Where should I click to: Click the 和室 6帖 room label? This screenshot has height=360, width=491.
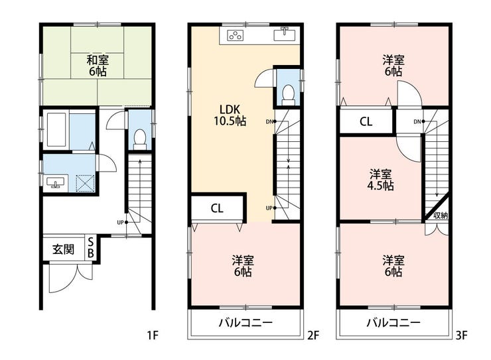pyautogui.click(x=98, y=65)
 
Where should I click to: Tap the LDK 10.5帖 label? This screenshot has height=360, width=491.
pyautogui.click(x=230, y=115)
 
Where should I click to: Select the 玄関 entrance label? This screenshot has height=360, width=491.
pyautogui.click(x=63, y=249)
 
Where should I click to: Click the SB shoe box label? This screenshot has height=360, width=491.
pyautogui.click(x=90, y=247)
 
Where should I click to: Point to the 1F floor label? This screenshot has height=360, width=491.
pyautogui.click(x=153, y=335)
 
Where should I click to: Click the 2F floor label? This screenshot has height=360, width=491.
pyautogui.click(x=313, y=335)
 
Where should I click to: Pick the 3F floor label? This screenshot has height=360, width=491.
pyautogui.click(x=461, y=335)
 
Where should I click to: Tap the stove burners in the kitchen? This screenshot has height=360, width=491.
pyautogui.click(x=235, y=35)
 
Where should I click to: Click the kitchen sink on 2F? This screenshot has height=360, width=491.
pyautogui.click(x=285, y=34)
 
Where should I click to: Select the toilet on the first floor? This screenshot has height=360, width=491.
pyautogui.click(x=139, y=139)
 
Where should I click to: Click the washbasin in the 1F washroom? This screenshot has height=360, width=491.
pyautogui.click(x=56, y=183)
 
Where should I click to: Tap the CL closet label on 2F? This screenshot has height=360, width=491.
pyautogui.click(x=217, y=208)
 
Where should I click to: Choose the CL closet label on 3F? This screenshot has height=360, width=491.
pyautogui.click(x=366, y=121)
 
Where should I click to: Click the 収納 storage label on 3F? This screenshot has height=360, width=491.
pyautogui.click(x=441, y=215)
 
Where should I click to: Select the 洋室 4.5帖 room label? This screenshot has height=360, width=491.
pyautogui.click(x=380, y=180)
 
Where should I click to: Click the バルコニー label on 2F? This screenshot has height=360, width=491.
pyautogui.click(x=245, y=322)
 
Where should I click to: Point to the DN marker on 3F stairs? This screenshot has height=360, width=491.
pyautogui.click(x=419, y=121)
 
